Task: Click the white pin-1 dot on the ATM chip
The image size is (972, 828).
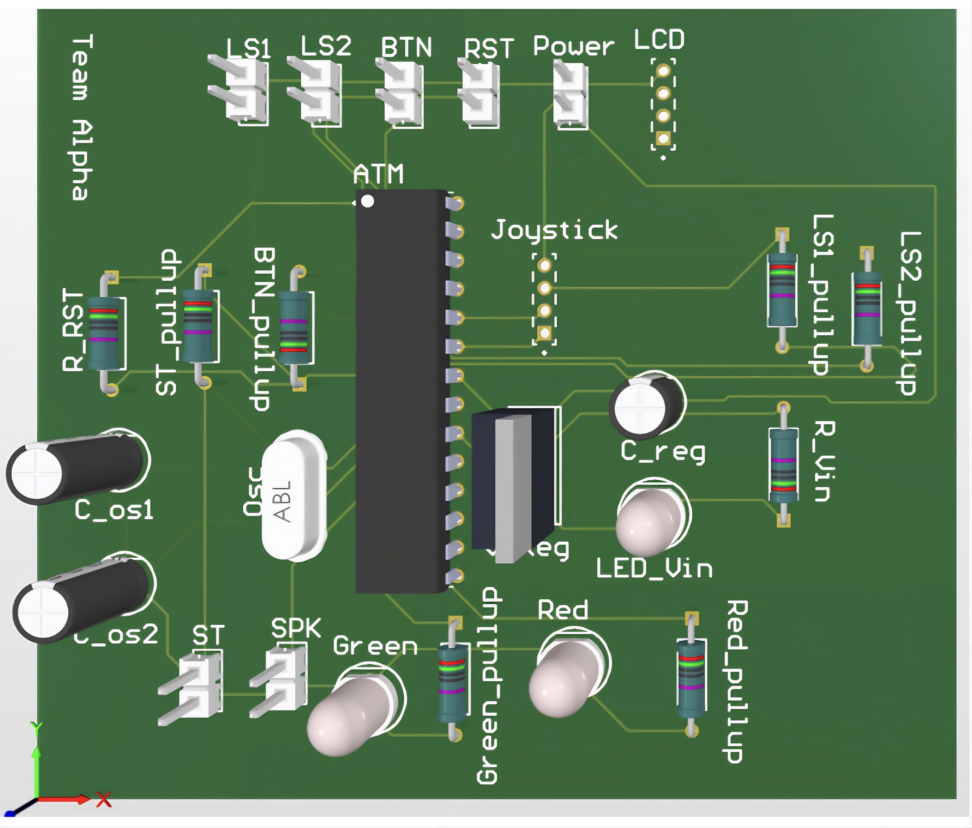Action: click(368, 201)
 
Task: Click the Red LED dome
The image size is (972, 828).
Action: click(565, 678)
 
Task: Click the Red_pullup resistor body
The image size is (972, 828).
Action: click(690, 678)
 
